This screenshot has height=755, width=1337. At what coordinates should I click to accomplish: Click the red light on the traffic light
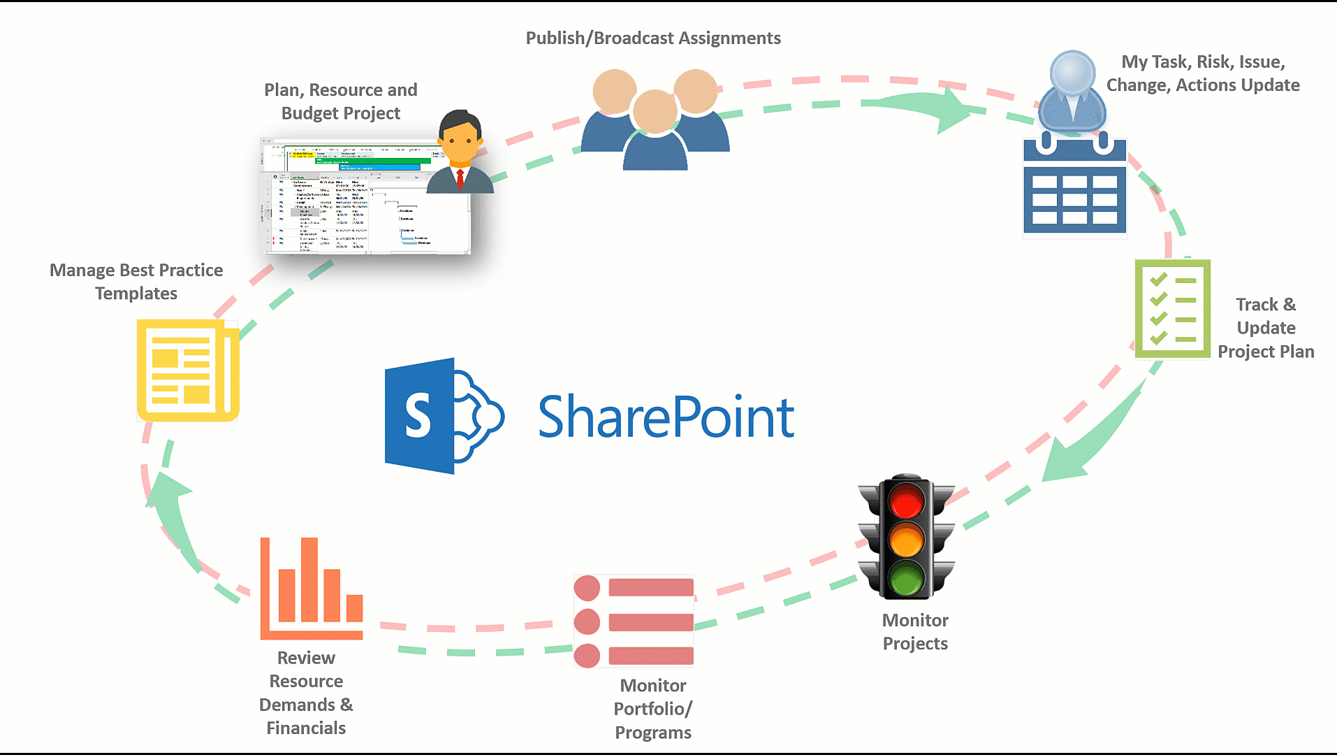coord(906,501)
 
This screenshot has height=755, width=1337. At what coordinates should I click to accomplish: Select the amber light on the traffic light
coord(906,540)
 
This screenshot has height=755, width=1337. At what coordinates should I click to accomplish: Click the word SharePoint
coord(666,417)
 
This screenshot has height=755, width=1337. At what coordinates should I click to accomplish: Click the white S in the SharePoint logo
coord(418,415)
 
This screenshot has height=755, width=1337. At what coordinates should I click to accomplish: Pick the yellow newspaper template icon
coord(187,371)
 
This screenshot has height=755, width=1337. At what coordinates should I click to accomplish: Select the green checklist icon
coord(1172,309)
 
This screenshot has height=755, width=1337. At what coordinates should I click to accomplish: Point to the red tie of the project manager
coord(460,178)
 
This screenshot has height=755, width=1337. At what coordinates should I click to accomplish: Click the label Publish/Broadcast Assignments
coord(653,38)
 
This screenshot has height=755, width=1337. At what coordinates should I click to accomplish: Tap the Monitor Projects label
coord(915,631)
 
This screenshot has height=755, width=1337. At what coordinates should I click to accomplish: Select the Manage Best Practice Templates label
coord(136,282)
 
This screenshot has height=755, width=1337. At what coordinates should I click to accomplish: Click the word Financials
coord(306,728)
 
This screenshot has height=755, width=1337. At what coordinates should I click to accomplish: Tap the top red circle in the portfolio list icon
coord(587,588)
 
